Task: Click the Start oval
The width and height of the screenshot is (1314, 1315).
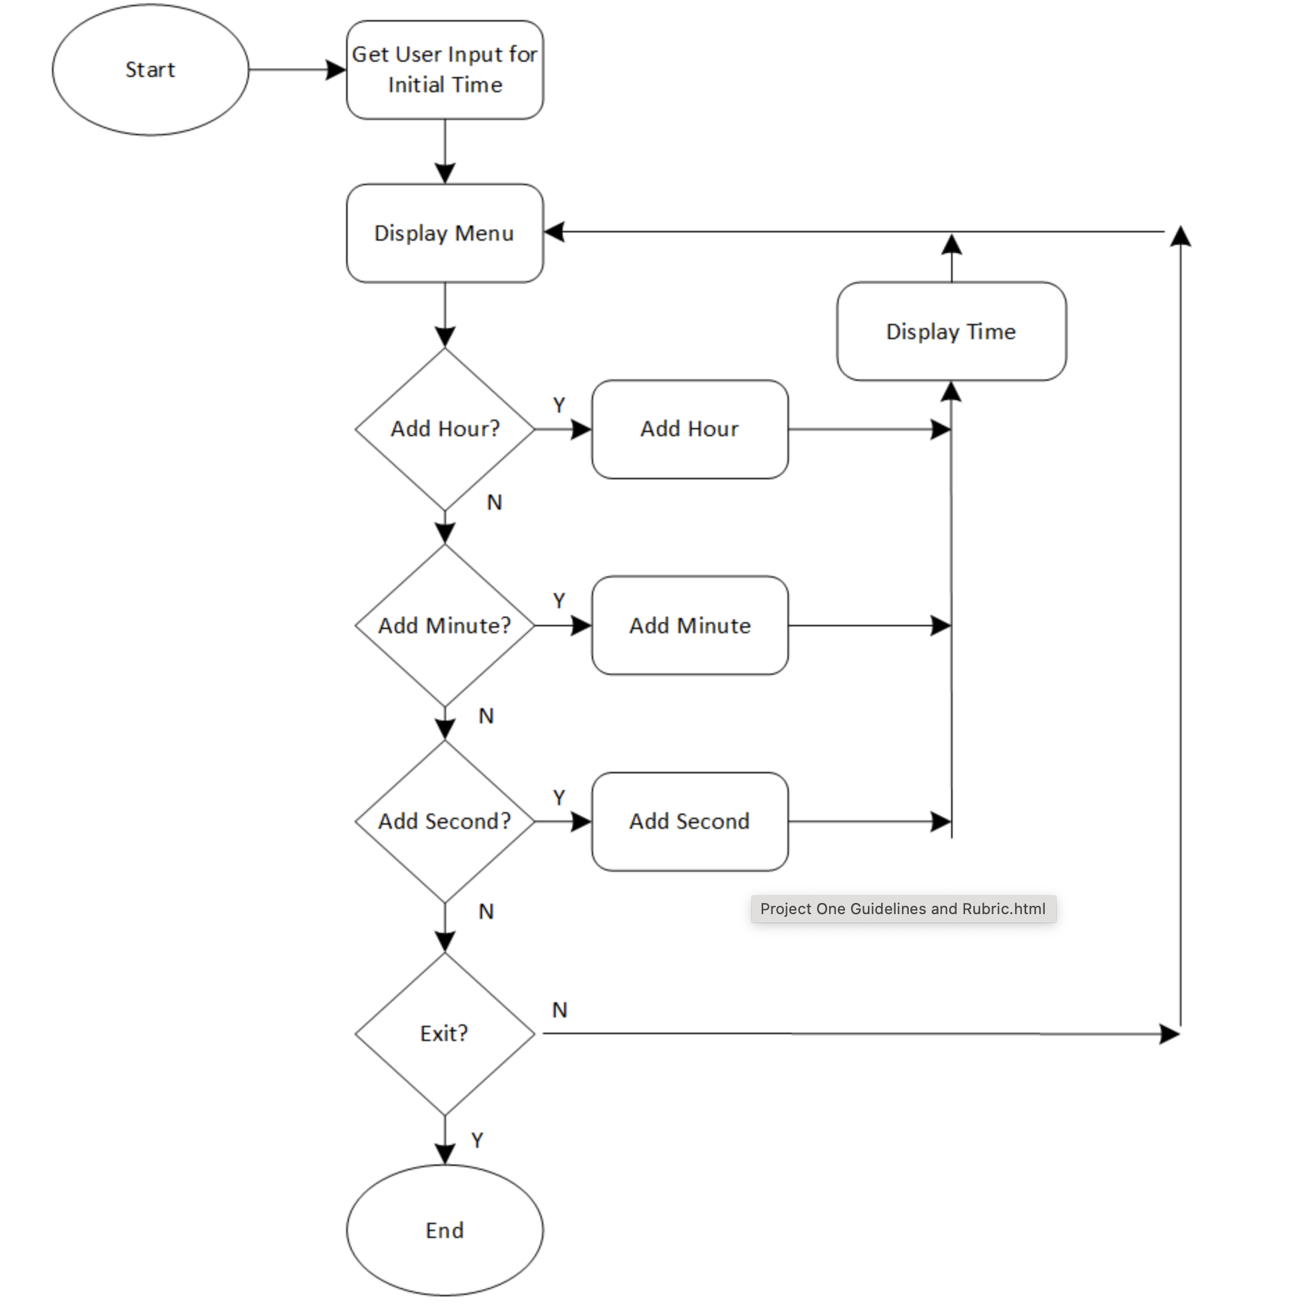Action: coord(150,69)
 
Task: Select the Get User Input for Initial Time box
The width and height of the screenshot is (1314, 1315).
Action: coord(445,69)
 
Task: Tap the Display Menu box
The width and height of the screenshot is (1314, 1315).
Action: coord(445,233)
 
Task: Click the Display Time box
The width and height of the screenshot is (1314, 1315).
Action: coord(951,331)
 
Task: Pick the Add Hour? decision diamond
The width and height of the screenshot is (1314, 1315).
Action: coord(445,429)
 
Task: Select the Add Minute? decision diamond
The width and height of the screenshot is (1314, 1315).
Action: coord(445,625)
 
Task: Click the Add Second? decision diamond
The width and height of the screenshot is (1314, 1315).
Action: coord(445,821)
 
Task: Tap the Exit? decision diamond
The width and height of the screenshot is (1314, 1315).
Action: coord(445,1033)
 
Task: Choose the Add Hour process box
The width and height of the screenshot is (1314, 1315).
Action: coord(690,429)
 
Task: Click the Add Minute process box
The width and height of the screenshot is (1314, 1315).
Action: coord(690,625)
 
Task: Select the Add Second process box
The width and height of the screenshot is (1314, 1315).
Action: coord(690,821)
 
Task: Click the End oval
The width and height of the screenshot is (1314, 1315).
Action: coord(445,1230)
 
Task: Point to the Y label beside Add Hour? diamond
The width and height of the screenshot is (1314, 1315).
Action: coord(559,404)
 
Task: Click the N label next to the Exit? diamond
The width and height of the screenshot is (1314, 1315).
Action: coord(559,1010)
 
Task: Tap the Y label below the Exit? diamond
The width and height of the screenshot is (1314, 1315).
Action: coord(477,1140)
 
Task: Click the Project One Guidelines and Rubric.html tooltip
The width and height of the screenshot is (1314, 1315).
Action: coord(903,909)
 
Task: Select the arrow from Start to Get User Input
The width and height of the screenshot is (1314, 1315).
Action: coord(297,69)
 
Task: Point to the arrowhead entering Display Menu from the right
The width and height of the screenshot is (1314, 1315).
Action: coord(554,232)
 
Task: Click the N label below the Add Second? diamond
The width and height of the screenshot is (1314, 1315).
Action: coord(486,911)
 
